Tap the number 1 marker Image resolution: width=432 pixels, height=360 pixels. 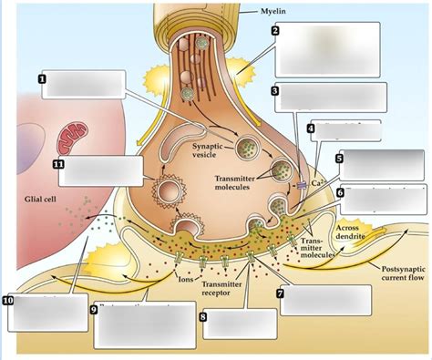point(43,79)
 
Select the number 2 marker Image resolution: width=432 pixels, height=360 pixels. point(275,30)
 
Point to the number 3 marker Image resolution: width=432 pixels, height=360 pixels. point(275,91)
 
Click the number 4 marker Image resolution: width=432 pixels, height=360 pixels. point(311,128)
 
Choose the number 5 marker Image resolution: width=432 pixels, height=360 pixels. point(339,158)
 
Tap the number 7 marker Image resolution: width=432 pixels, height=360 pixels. point(280,293)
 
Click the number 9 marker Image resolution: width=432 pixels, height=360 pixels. point(93,310)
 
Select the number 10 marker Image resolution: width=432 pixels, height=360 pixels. point(8,299)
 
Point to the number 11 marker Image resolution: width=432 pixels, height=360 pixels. point(57,164)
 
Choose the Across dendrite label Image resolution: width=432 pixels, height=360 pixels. point(351,233)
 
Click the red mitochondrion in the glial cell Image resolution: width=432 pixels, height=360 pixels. point(72,140)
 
